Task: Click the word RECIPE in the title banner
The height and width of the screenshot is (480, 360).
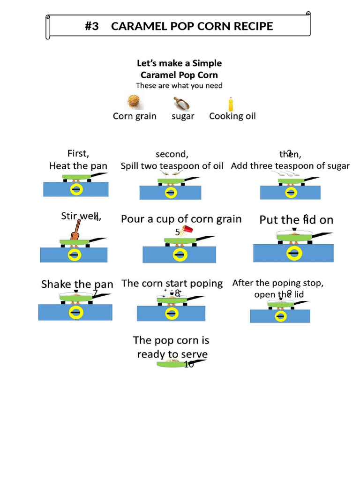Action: point(251,26)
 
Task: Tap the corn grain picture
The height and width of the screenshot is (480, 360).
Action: point(134,102)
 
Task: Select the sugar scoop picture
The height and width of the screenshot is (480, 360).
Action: point(182,103)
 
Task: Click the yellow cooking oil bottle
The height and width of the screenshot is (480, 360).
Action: point(230,103)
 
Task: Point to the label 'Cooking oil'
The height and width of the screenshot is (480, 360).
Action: point(232,116)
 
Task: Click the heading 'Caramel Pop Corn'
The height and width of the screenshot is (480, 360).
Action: point(179,75)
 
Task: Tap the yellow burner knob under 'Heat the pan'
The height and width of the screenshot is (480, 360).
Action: point(76,189)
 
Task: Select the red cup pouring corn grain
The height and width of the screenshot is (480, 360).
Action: point(188,230)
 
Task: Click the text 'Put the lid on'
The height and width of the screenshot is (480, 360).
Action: point(296,220)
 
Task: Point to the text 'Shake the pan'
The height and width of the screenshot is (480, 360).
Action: point(77,284)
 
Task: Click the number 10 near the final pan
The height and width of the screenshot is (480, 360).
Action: point(189,365)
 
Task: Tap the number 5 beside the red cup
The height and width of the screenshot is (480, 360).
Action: point(177,232)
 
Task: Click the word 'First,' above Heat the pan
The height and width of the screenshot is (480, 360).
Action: point(78,153)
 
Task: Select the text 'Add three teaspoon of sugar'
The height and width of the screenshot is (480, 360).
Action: point(290,166)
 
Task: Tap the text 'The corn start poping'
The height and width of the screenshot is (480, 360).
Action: point(172,283)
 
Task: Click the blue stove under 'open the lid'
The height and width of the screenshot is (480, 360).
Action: point(280,316)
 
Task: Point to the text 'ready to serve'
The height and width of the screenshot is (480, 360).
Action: point(172,354)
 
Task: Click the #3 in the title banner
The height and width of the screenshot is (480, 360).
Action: point(92,26)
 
